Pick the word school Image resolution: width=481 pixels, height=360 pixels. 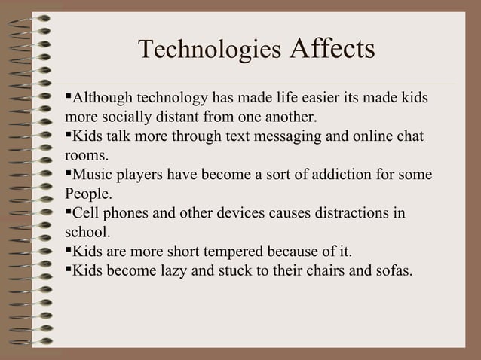click(x=87, y=232)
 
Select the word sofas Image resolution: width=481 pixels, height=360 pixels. click(x=393, y=270)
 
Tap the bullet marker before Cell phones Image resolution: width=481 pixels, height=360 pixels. click(x=69, y=212)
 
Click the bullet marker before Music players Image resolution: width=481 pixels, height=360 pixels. click(x=69, y=174)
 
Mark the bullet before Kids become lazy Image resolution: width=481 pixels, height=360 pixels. click(x=69, y=268)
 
